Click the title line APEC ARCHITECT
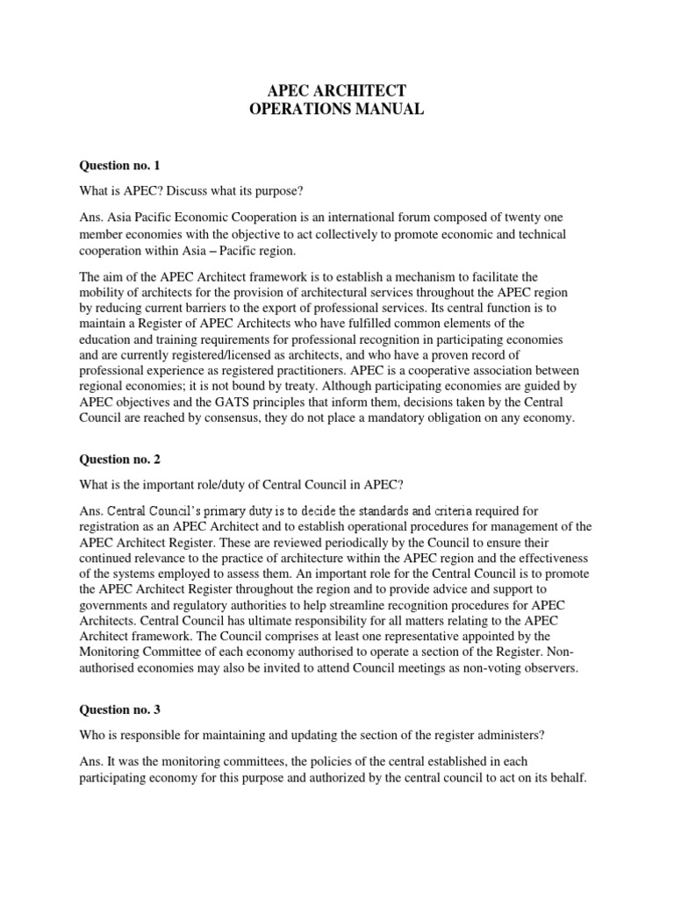337,90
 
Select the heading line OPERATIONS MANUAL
337,110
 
